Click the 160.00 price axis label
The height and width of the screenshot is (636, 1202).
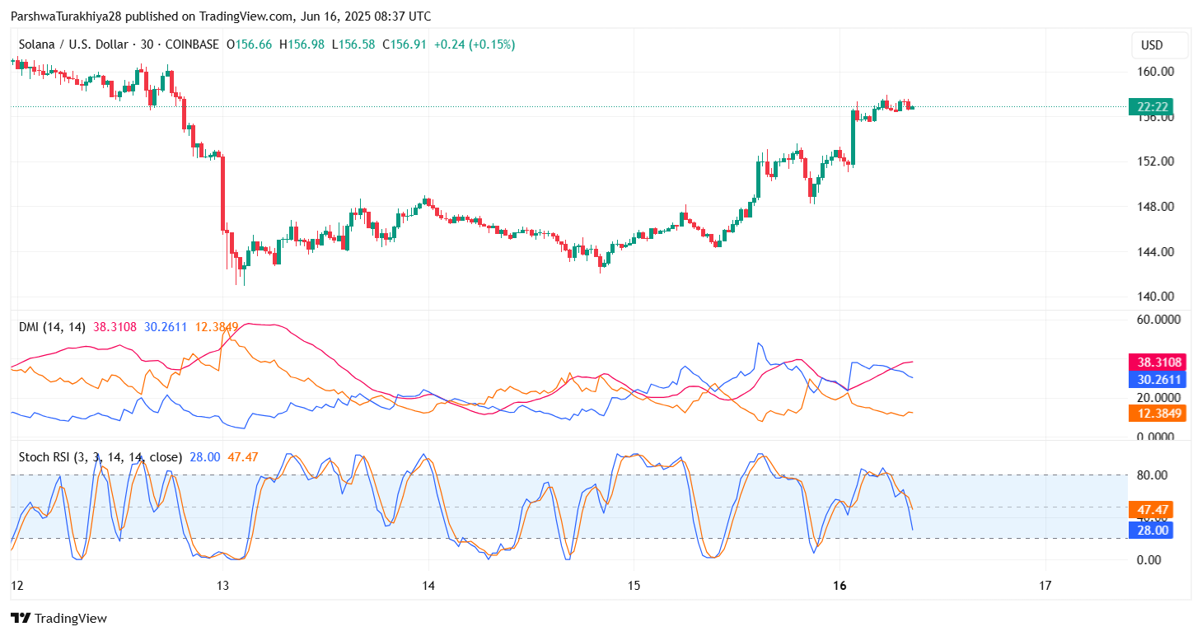(1155, 71)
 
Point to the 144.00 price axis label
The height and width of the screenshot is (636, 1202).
(1155, 251)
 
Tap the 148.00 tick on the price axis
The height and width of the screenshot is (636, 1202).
(1155, 206)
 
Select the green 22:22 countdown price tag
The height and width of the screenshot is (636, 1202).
(1151, 106)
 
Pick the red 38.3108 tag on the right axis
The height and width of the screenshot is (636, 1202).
(1158, 362)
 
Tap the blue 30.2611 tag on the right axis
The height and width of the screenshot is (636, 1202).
(1158, 379)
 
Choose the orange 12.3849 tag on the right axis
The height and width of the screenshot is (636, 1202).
(1158, 413)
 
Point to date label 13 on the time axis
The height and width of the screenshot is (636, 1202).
(222, 586)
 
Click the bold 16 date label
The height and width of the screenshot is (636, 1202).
(840, 586)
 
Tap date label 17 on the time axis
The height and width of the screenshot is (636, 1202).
(1045, 586)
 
